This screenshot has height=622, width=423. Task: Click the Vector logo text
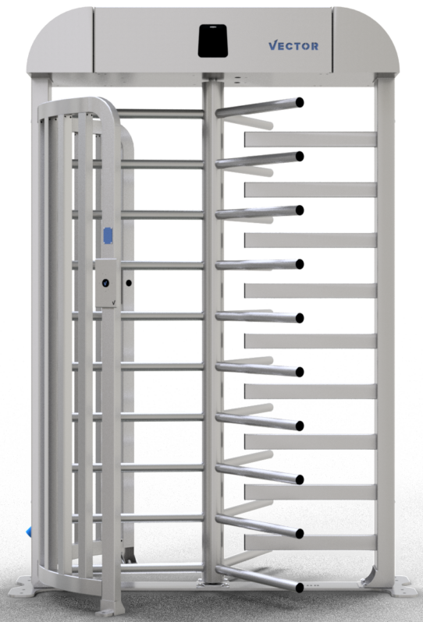click(293, 46)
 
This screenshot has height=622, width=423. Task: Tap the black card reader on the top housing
click(213, 41)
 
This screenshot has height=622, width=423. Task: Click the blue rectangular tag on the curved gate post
click(108, 235)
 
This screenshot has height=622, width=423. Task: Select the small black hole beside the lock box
click(129, 283)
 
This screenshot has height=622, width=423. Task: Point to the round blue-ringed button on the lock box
click(105, 283)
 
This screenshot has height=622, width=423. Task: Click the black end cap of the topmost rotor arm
click(300, 102)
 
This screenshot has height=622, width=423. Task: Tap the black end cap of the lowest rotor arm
click(300, 588)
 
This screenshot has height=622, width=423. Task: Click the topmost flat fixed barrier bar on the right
click(310, 140)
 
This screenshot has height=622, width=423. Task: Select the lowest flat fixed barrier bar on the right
click(310, 542)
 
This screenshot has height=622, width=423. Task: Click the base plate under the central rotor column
click(213, 584)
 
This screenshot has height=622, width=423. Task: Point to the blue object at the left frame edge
click(29, 532)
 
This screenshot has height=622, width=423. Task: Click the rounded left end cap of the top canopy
click(60, 41)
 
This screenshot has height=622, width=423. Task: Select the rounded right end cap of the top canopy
click(365, 41)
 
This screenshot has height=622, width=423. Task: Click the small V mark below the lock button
click(114, 302)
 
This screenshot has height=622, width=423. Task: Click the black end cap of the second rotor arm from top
click(300, 157)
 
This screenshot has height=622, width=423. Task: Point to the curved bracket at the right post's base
click(369, 577)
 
